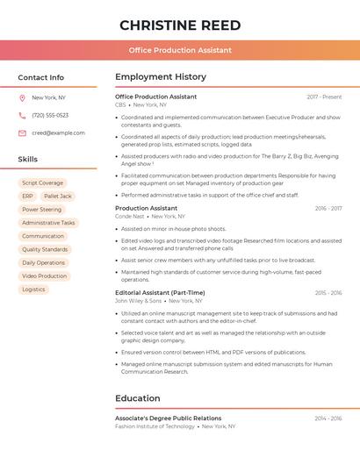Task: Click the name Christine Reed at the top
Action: click(x=180, y=25)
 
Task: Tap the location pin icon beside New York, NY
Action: click(x=22, y=97)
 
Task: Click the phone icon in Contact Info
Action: click(x=22, y=115)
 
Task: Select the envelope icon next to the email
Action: click(x=22, y=132)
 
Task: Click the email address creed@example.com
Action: click(x=58, y=132)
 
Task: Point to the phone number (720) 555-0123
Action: click(x=50, y=115)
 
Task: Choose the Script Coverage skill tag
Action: click(x=42, y=183)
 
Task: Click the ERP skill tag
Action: click(x=28, y=197)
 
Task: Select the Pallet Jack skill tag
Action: click(x=58, y=197)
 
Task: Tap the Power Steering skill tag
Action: click(x=41, y=210)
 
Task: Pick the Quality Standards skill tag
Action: click(x=45, y=249)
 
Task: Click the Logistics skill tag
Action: click(x=33, y=289)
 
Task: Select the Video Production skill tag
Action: click(x=44, y=275)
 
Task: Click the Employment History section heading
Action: click(x=161, y=77)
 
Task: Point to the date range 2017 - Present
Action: click(x=324, y=97)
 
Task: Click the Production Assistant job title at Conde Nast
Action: click(x=146, y=208)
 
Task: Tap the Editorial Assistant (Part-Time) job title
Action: click(x=160, y=293)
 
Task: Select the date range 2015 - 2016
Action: click(x=328, y=293)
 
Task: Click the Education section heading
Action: click(x=137, y=398)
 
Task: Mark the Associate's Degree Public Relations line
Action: click(x=168, y=418)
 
